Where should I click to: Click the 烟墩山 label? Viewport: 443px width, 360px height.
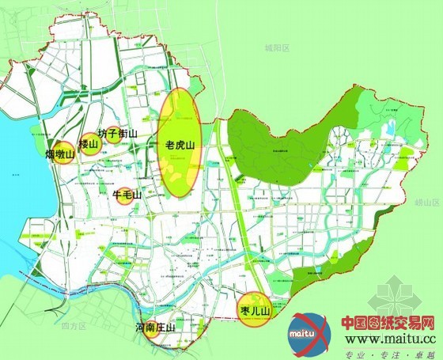59,153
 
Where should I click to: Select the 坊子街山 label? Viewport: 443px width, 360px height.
118,135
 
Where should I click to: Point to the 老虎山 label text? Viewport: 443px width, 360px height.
180,146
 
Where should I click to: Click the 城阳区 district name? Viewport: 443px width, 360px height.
278,48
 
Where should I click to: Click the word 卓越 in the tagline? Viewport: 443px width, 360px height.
423,352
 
